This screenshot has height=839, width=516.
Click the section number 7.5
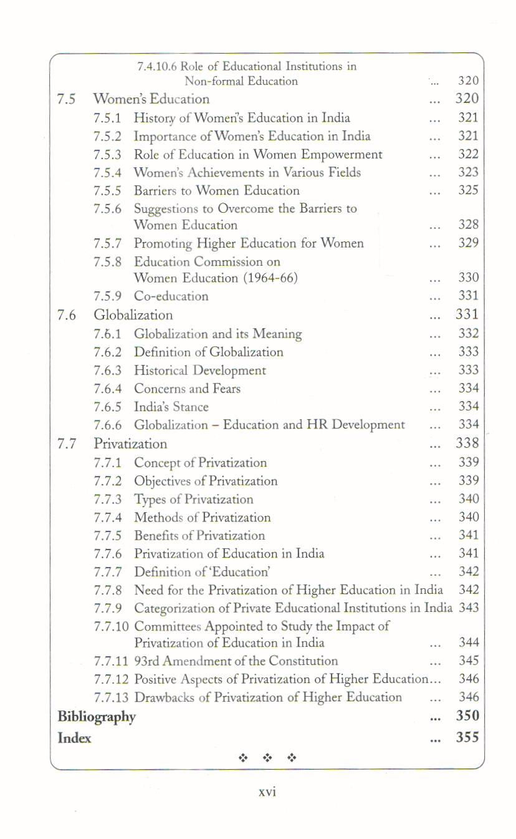66,99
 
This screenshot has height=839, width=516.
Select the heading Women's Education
151,99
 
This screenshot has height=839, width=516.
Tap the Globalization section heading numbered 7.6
133,315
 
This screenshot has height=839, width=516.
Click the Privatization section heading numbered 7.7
130,444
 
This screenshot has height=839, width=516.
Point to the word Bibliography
96,717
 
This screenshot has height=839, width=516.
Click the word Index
74,738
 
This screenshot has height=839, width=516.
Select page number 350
467,715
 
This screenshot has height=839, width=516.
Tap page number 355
467,737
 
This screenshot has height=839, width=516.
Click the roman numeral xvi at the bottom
267,792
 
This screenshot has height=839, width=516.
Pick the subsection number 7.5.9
107,296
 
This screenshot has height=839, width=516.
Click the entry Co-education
171,296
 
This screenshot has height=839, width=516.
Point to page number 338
467,444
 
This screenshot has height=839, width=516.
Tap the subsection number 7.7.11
112,661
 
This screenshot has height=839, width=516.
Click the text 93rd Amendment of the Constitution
236,661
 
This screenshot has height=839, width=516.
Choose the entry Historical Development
199,371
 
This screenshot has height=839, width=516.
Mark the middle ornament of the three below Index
267,758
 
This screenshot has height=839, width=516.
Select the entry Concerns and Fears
187,389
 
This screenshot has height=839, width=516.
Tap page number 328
468,225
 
